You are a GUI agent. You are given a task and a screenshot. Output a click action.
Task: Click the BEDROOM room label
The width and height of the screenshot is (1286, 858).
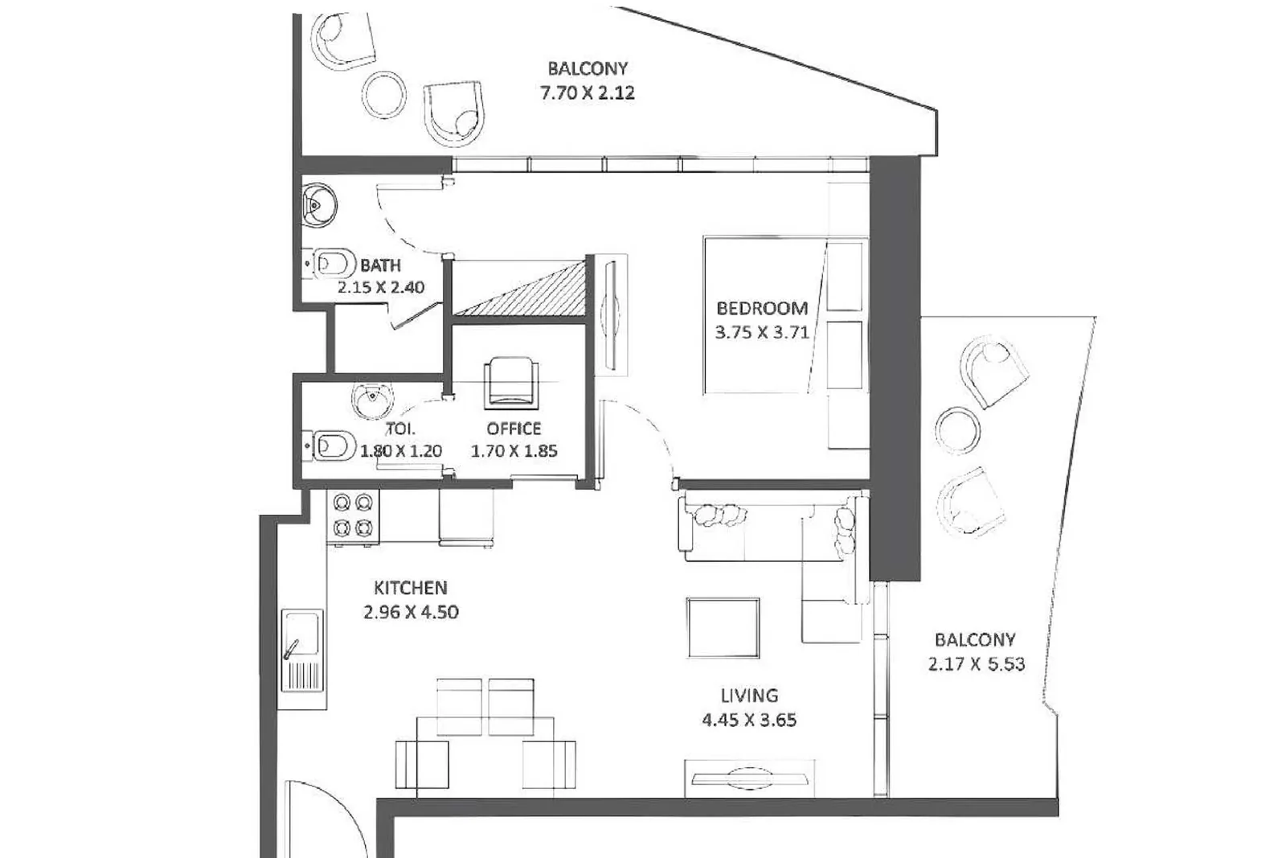762,309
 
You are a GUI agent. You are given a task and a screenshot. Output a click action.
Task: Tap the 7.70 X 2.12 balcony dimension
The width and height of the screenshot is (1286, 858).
588,92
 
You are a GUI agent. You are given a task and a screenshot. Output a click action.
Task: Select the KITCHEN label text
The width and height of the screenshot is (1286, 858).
411,588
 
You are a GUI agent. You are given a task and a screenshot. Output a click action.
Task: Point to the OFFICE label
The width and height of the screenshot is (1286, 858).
514,429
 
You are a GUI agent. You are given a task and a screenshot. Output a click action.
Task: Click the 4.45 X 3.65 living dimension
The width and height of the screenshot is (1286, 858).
749,720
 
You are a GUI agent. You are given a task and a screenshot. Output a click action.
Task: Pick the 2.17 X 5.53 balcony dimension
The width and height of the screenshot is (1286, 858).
976,664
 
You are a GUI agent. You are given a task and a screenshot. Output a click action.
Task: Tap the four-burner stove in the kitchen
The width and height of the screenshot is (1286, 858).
353,515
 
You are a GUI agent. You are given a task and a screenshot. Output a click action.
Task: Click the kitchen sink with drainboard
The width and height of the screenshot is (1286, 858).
302,651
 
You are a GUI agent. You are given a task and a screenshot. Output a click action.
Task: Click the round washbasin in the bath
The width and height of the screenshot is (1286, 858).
318,205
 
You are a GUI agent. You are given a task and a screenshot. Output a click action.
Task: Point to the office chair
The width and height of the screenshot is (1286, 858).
511,383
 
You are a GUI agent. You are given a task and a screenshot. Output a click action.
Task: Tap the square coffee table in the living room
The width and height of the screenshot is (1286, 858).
723,628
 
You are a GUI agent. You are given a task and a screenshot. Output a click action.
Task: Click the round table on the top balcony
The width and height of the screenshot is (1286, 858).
384,96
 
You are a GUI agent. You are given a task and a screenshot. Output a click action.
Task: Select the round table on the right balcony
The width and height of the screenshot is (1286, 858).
957,431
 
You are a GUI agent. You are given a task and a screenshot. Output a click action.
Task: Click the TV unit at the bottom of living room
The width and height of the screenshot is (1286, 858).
749,778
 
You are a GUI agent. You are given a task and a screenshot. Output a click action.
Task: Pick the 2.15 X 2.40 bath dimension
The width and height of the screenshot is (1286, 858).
381,286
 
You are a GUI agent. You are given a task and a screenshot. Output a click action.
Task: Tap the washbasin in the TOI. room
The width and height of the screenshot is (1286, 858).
373,400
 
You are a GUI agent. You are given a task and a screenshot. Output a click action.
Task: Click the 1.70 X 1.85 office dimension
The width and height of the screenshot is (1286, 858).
514,451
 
